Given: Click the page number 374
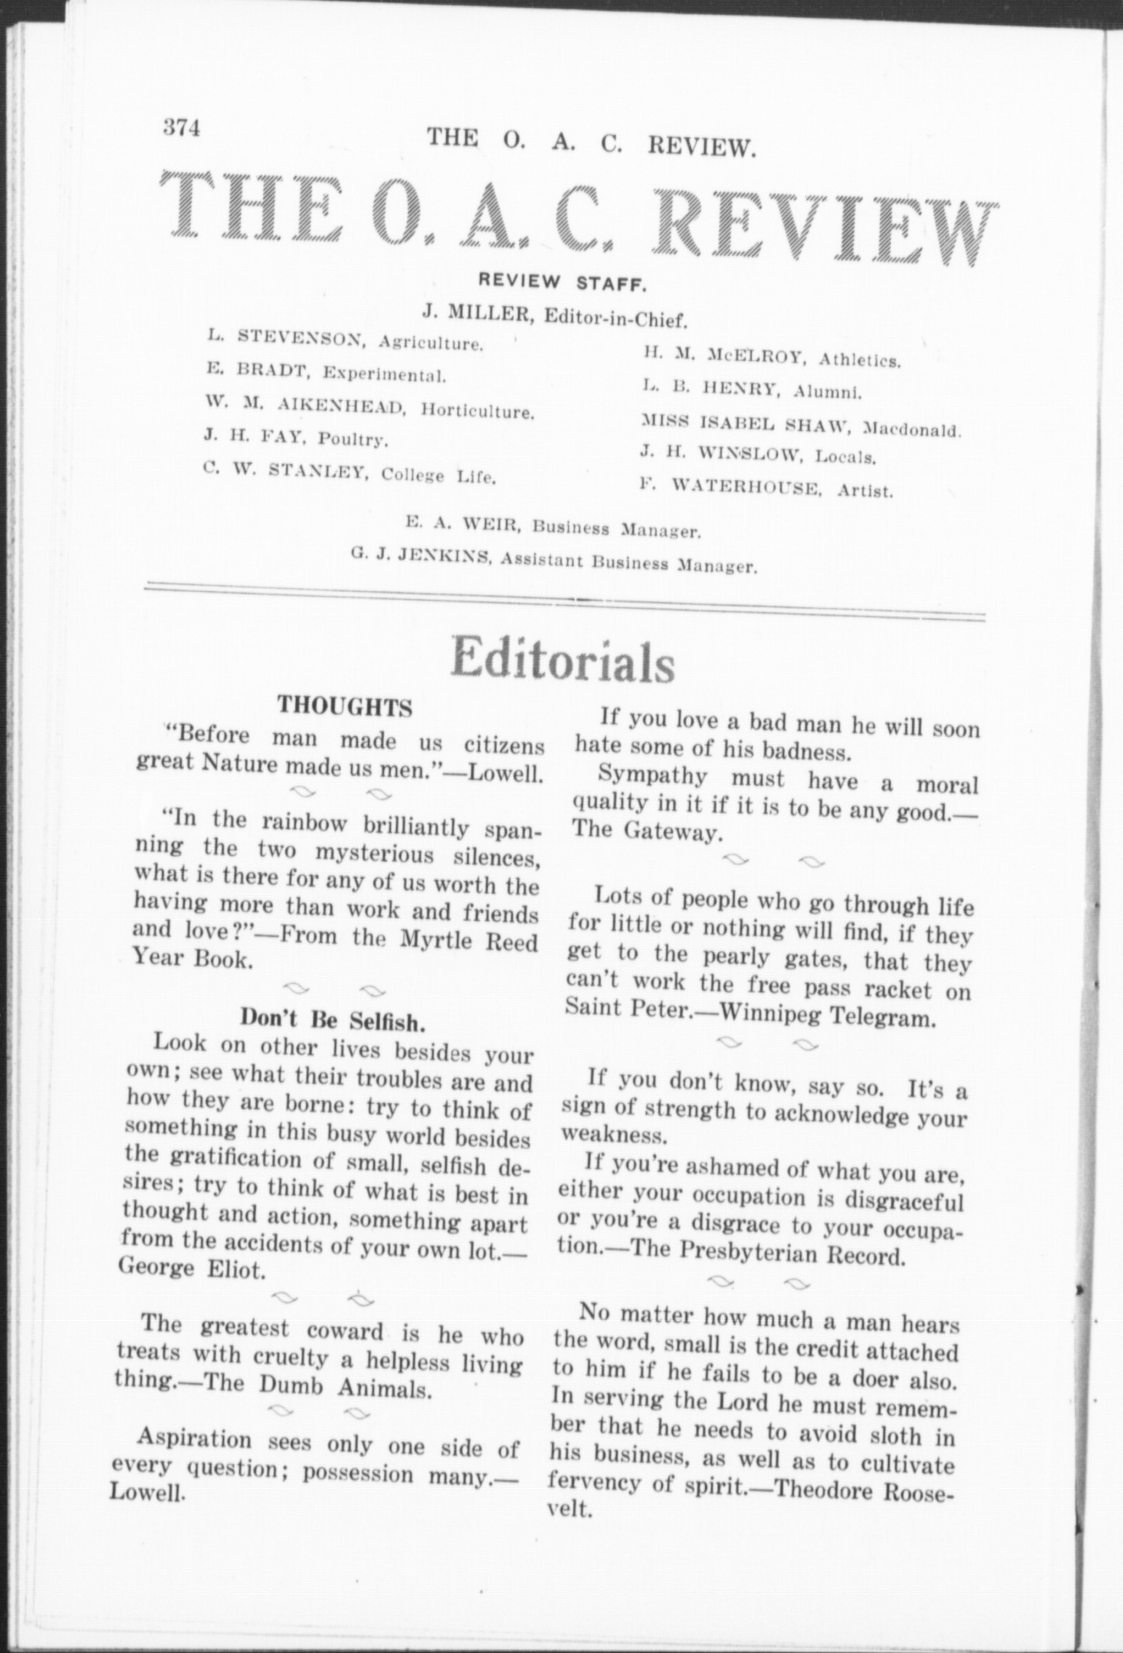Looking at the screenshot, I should tap(181, 127).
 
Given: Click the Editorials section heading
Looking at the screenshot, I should tap(563, 659).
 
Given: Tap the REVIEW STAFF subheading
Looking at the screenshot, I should tap(562, 283).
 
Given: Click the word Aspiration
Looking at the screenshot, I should tap(194, 1439).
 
